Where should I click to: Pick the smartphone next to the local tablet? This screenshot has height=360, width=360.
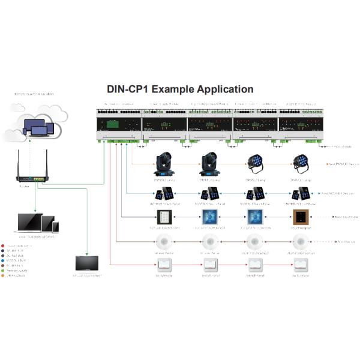click(56, 227)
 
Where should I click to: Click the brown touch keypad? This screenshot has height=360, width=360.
click(300, 218)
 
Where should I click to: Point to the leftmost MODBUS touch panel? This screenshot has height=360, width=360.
click(165, 194)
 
